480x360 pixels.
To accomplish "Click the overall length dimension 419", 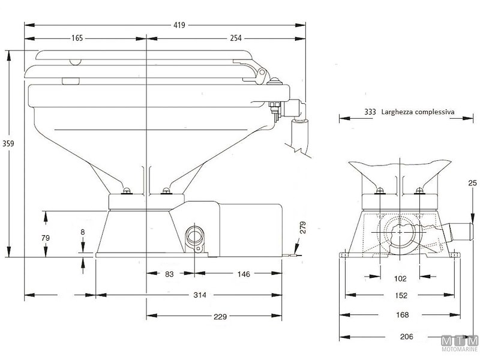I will tap(179, 25).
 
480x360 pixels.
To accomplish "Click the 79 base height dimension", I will tap(44, 238).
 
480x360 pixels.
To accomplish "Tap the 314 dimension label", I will tap(200, 295).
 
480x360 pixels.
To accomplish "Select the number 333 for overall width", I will tap(370, 112).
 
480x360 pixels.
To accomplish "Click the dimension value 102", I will tap(401, 278).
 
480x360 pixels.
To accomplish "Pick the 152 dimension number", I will tap(401, 295).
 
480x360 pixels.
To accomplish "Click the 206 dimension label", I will tap(407, 337).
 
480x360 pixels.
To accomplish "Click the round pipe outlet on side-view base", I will tap(196, 235).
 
